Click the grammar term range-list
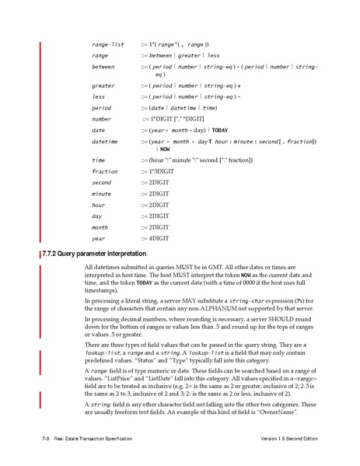click(107, 44)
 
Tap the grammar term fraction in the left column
click(104, 170)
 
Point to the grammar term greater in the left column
click(103, 85)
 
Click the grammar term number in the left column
click(101, 119)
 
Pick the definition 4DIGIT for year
click(159, 238)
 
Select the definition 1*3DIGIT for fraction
click(160, 170)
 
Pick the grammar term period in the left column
click(101, 108)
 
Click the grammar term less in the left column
click(98, 96)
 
